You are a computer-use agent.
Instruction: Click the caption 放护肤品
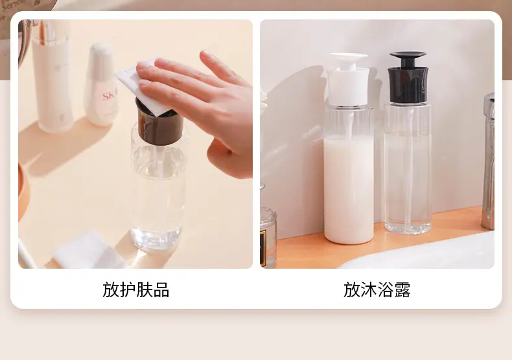tap(136, 289)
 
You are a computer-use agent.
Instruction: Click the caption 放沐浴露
tap(377, 289)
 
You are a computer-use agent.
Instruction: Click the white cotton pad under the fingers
tap(142, 86)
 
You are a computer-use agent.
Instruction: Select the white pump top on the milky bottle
tap(349, 79)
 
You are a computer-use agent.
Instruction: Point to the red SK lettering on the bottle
tap(108, 96)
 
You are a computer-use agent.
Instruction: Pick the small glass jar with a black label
tap(268, 238)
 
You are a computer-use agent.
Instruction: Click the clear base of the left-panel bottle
tap(156, 239)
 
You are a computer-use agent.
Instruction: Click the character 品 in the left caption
tap(161, 289)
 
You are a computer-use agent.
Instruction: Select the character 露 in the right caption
tap(402, 289)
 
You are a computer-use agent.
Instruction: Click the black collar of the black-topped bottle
tap(408, 84)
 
